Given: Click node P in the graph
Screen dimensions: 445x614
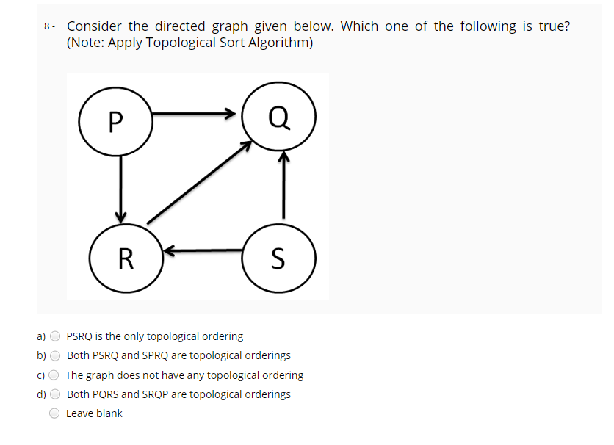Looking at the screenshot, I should click(115, 120).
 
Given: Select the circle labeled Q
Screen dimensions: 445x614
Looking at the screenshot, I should click(279, 117).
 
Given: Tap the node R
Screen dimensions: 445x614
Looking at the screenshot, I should click(126, 258).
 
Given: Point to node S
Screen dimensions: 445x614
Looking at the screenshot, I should click(278, 258).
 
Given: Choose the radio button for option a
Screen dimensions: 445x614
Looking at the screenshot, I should click(55, 337).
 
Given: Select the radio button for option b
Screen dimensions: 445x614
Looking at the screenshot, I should click(55, 356).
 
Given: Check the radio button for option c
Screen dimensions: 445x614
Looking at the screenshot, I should click(55, 375).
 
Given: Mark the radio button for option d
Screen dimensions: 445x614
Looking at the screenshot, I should click(55, 394).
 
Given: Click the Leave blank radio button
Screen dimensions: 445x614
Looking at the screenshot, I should click(55, 413).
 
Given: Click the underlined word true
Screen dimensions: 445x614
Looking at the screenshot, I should click(551, 26).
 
